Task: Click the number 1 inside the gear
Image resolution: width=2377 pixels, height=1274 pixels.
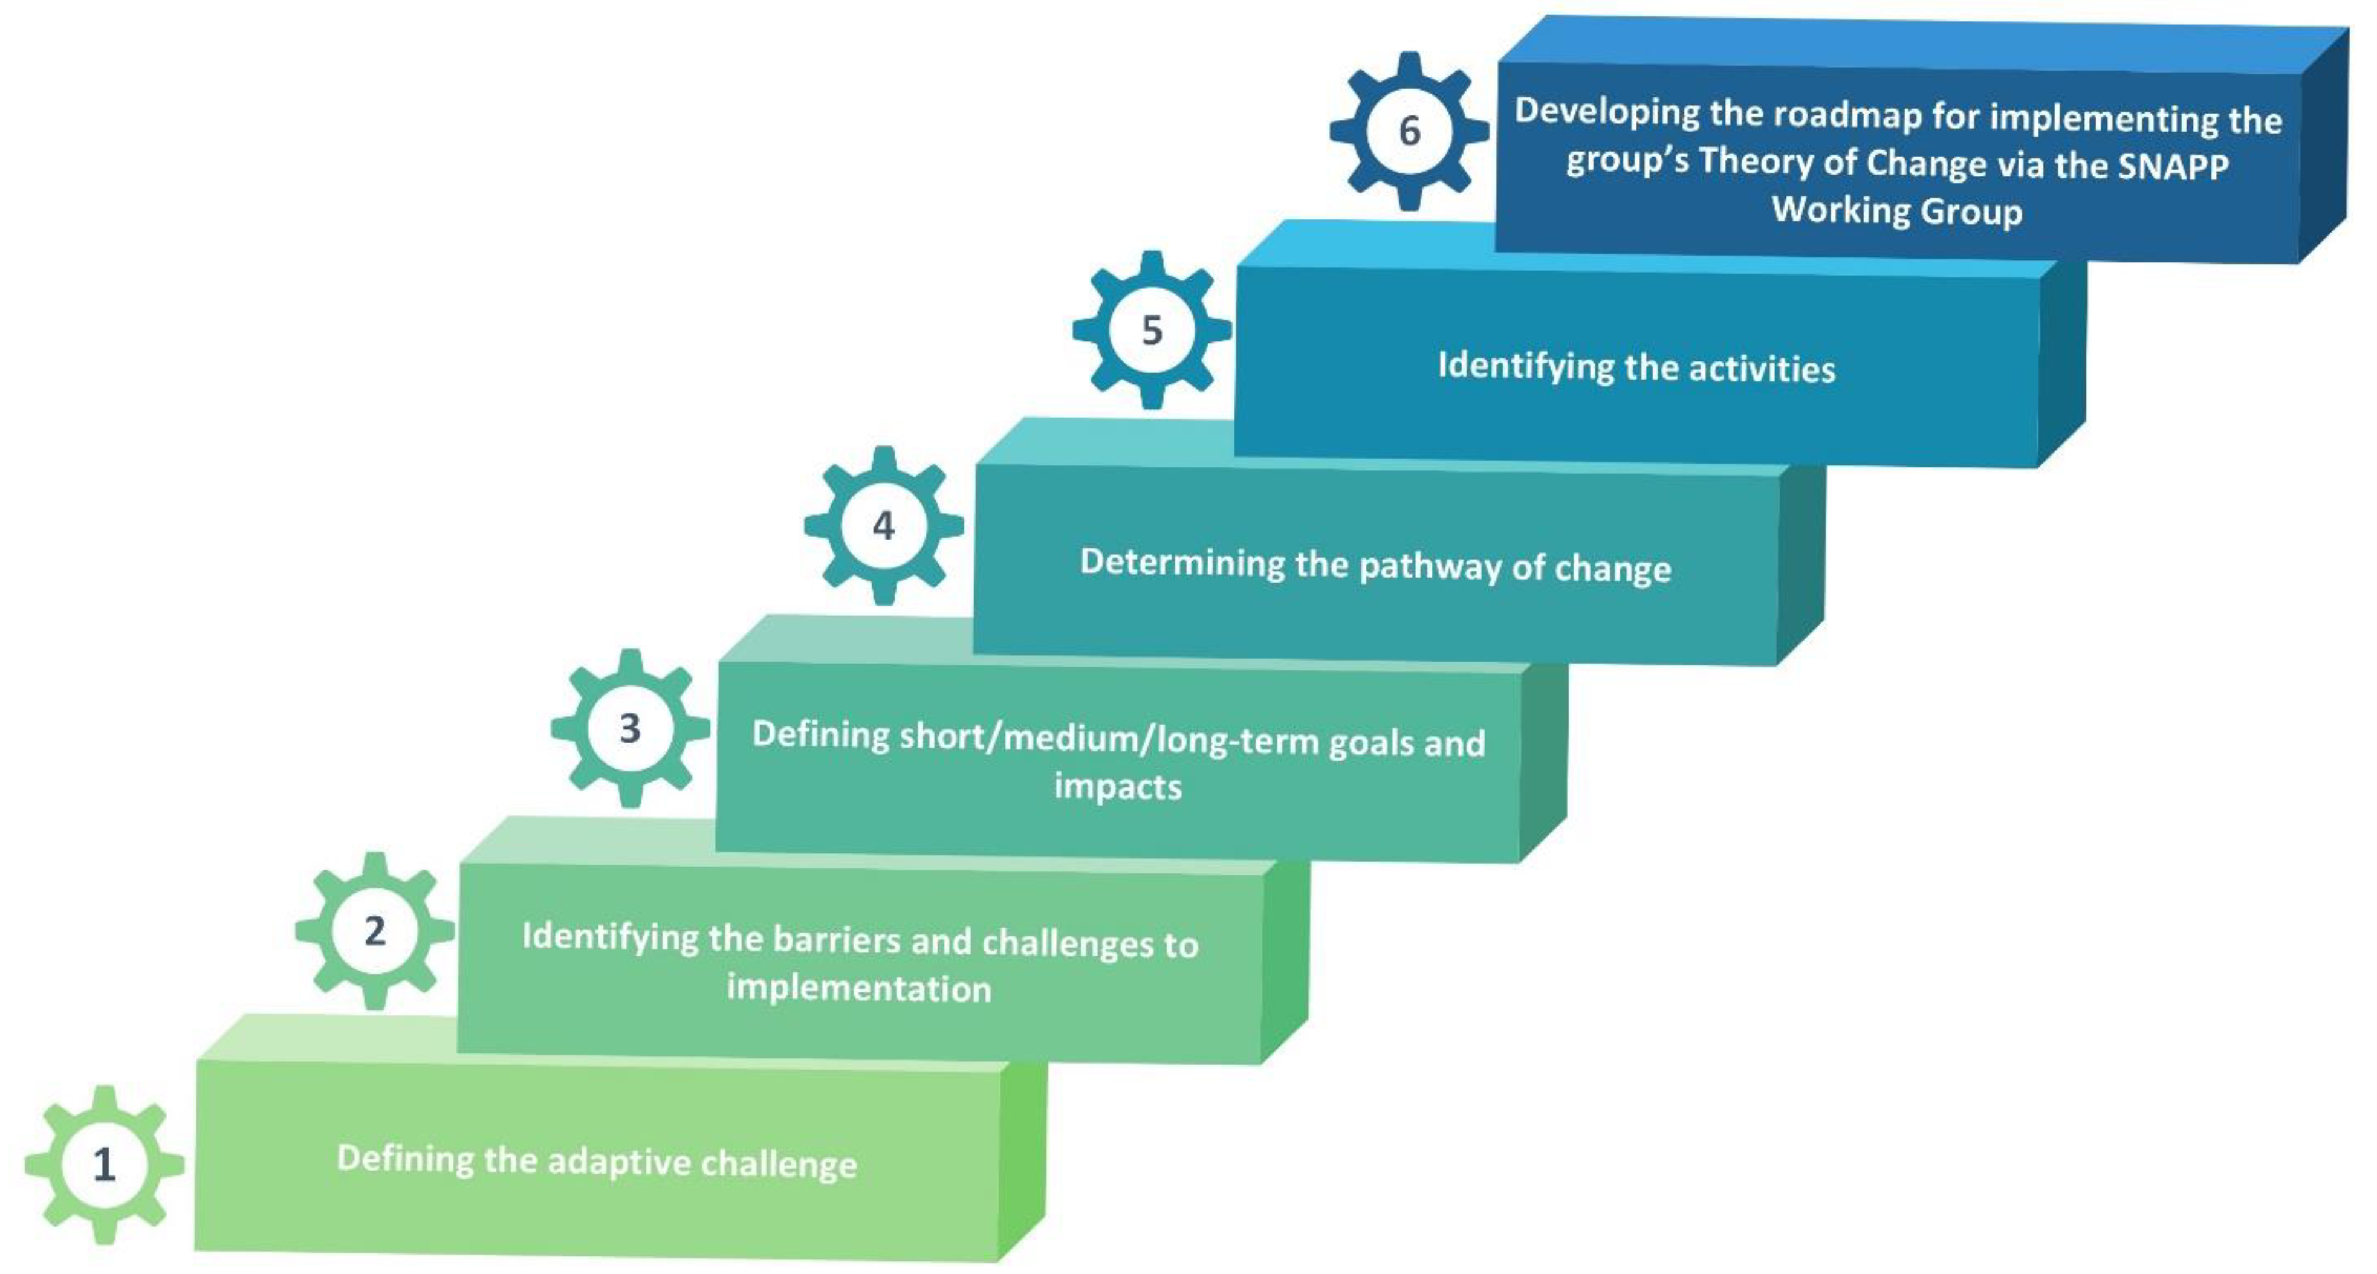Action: [104, 1164]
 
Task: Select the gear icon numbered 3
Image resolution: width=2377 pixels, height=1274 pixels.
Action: [631, 728]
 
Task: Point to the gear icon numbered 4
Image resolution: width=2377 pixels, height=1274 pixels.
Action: [884, 526]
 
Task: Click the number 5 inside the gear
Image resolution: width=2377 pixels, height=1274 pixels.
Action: [1152, 330]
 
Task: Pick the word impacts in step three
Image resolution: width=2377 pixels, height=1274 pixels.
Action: [1117, 787]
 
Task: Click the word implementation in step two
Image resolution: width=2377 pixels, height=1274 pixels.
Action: [858, 988]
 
